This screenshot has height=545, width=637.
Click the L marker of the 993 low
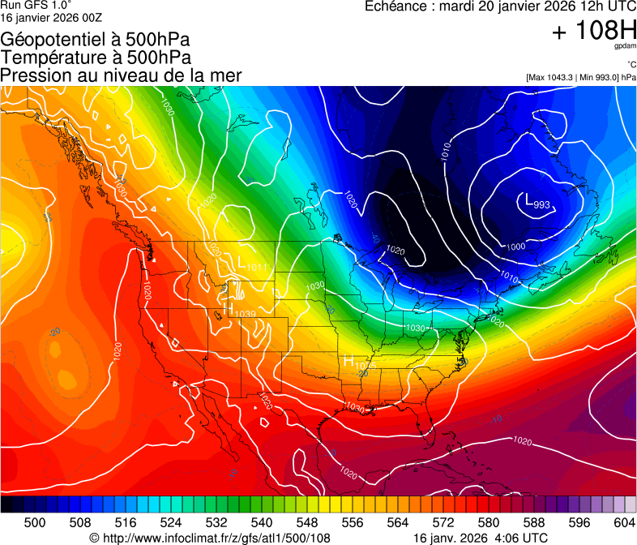pos(528,199)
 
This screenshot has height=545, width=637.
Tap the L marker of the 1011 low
pos(241,261)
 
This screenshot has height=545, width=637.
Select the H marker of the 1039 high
pos(231,309)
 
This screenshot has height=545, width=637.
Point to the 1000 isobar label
pos(515,247)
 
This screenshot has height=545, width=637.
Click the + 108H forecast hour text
pos(594,32)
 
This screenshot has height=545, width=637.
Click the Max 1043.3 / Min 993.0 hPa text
pos(580,77)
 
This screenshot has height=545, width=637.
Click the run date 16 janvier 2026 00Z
pos(51,17)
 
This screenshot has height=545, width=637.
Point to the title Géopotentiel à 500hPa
pos(95,40)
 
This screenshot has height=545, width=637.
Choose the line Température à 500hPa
pos(96,58)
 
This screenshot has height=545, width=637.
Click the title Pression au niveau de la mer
pos(121,75)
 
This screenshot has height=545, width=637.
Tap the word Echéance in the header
pos(395,6)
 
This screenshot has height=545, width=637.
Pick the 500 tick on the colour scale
pos(35,523)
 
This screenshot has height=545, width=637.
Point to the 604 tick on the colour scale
pos(624,523)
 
